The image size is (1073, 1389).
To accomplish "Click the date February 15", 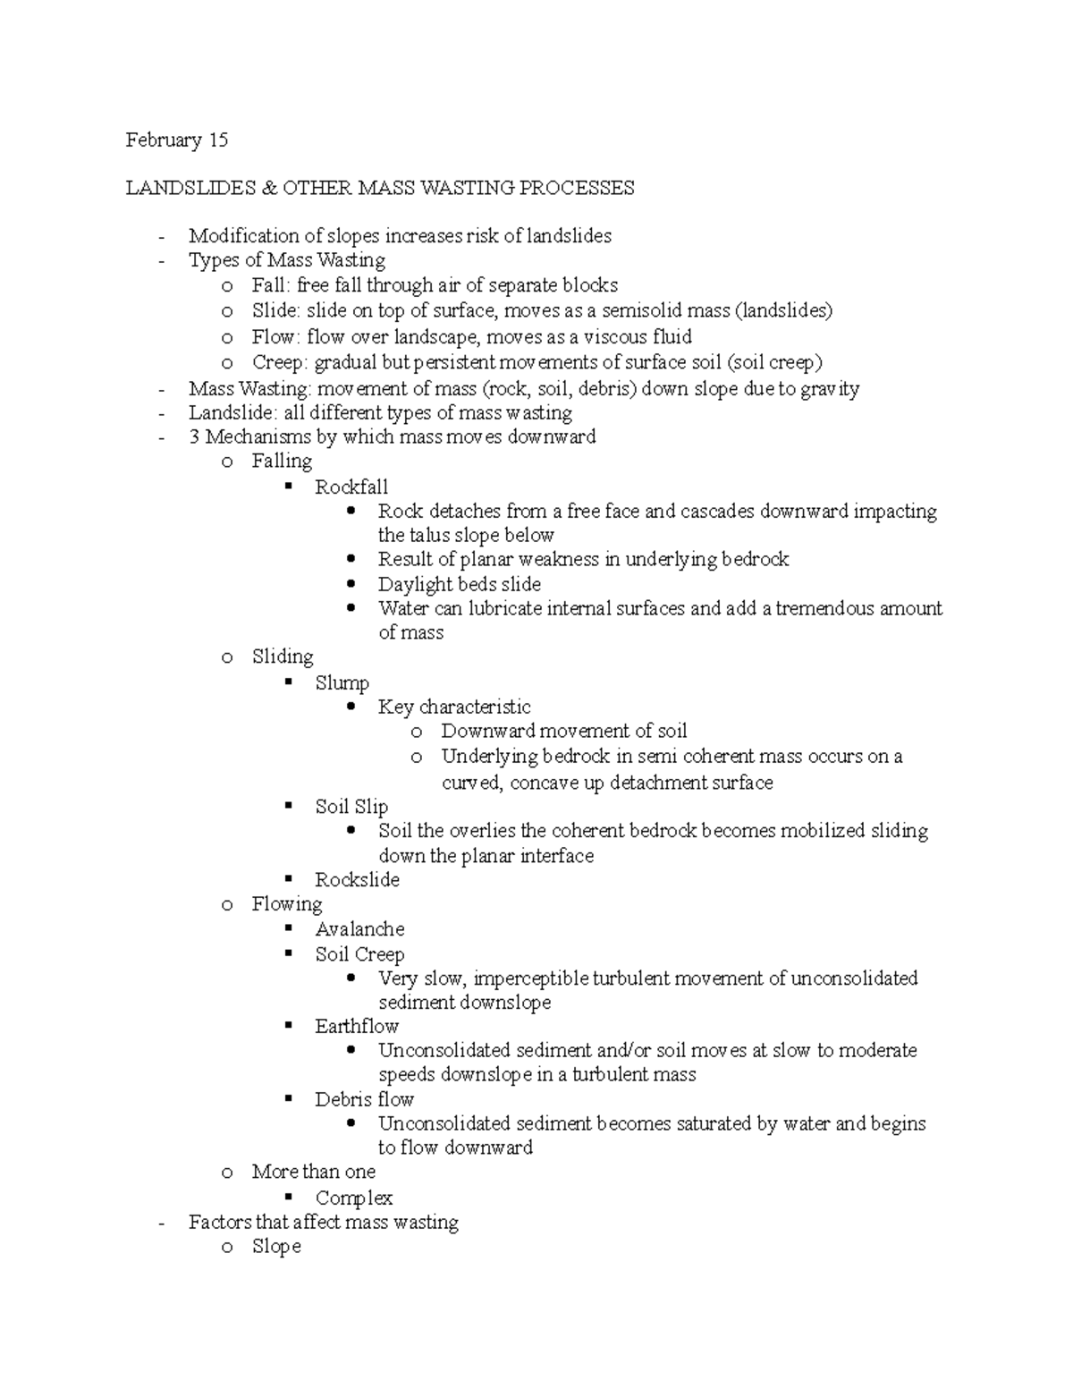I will coord(176,140).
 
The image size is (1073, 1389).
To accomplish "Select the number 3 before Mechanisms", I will coord(194,436).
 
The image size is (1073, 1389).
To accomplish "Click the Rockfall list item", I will coord(351,487).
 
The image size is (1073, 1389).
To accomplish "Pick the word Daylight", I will coord(415,584).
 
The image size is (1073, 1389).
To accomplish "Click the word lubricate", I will coord(501,608).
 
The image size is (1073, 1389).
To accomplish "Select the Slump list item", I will coord(342,683).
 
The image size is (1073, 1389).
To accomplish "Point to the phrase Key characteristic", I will coord(454,707).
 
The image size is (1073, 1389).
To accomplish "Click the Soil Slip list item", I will coord(351,807).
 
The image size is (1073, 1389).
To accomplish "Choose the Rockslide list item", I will coord(357,880).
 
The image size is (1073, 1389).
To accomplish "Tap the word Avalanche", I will coord(359,929).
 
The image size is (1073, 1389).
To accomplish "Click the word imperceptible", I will coord(531,978).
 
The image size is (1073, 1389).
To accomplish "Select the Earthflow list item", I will coord(356,1027).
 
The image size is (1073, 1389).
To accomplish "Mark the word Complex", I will coord(354,1198).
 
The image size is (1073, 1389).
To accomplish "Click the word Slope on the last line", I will coord(276,1247).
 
